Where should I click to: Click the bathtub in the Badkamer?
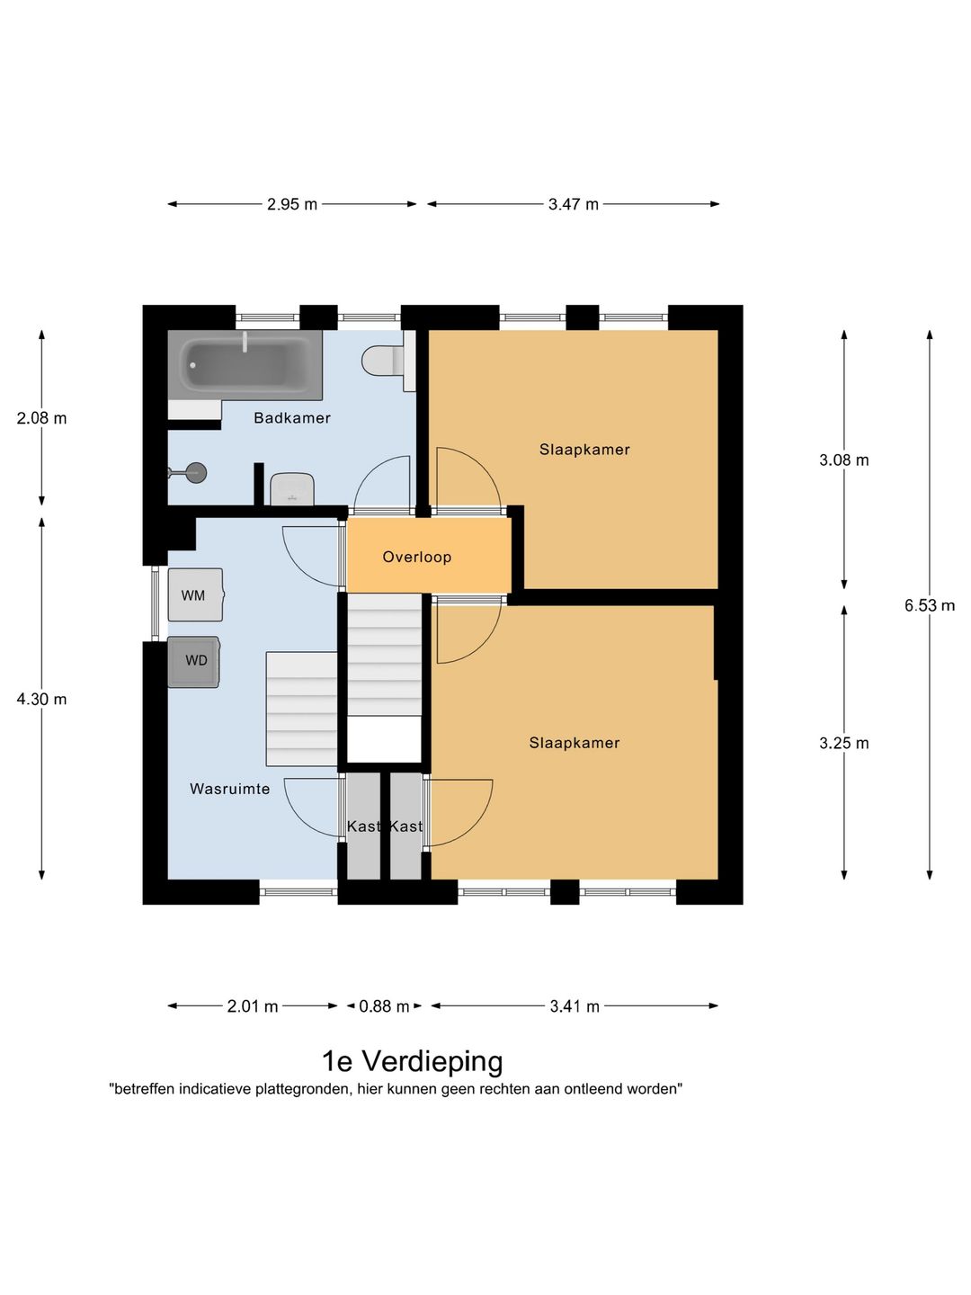tap(245, 364)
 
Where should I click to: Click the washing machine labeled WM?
tap(195, 594)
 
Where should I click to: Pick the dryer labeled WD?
tap(194, 661)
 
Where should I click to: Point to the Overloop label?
tap(417, 557)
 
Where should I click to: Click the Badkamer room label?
tap(292, 417)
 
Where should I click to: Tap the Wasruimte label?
tap(230, 789)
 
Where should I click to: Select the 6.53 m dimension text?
tap(929, 605)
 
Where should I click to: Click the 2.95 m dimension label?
tap(292, 204)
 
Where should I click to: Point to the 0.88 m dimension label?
tap(384, 1006)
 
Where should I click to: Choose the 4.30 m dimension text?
tap(41, 699)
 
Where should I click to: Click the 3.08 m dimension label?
tap(843, 460)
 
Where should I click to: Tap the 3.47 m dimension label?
tap(573, 204)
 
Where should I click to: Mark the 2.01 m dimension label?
tap(253, 1006)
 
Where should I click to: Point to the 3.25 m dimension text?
tap(843, 744)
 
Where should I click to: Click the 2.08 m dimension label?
tap(41, 418)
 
